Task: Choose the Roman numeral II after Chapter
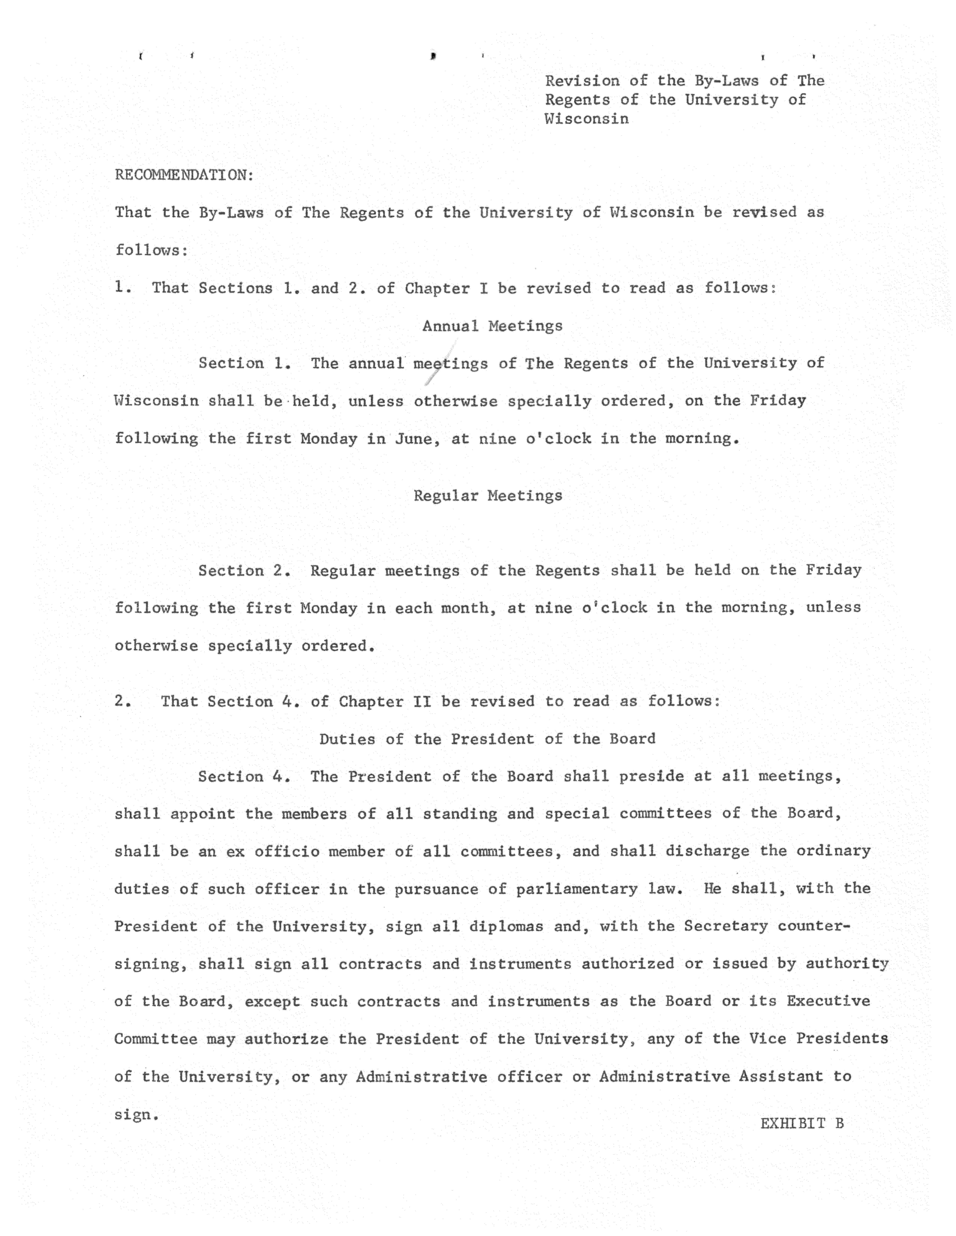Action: coord(422,702)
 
